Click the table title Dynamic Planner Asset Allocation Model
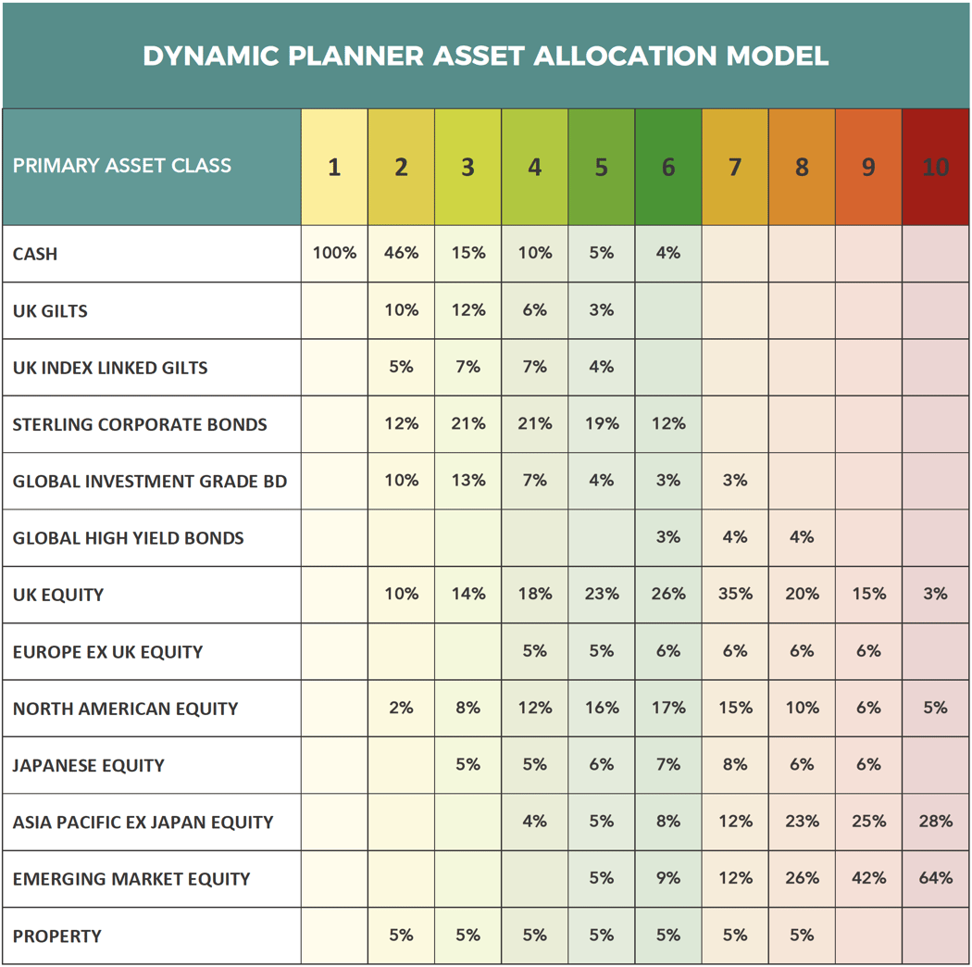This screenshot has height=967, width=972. [x=485, y=56]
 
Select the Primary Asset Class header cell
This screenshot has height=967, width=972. [x=122, y=167]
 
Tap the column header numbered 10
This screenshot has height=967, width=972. [x=935, y=167]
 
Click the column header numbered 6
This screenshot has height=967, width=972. [x=668, y=167]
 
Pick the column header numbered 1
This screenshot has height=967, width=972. [x=334, y=167]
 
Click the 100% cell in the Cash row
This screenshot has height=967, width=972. [x=334, y=253]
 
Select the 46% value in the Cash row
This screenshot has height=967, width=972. [x=401, y=253]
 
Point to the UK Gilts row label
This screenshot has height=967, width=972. [x=50, y=311]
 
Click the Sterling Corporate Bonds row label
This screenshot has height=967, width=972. [x=140, y=425]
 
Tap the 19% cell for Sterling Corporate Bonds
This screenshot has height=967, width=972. [x=602, y=424]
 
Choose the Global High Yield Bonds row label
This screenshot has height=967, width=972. [x=129, y=538]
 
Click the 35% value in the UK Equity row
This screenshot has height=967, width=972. [x=735, y=595]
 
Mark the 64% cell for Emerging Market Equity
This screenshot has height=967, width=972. [x=935, y=878]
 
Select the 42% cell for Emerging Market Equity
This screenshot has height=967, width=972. [x=868, y=878]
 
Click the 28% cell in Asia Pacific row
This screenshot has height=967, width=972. [x=935, y=822]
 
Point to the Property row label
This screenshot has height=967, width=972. [x=57, y=936]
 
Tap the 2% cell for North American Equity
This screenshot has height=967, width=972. [x=401, y=708]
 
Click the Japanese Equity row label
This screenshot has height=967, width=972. [x=89, y=766]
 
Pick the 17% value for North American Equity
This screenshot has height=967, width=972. [x=668, y=708]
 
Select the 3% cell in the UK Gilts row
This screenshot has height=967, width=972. [x=602, y=310]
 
